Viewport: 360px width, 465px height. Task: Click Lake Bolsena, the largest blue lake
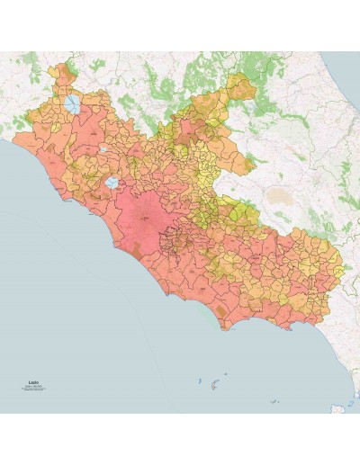click(71, 104)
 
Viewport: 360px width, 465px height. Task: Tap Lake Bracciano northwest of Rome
click(112, 183)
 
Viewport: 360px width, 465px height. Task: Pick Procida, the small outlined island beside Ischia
click(351, 402)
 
